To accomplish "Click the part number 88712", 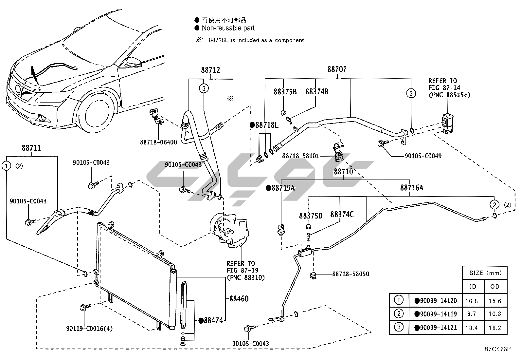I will (210, 70).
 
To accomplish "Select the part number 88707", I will (337, 69).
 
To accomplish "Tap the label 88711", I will (31, 148).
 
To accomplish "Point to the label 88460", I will (239, 299).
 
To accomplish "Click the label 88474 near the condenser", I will (213, 320).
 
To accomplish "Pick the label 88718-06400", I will (158, 142).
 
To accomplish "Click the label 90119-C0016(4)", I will (89, 328).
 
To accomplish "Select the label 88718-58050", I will (350, 274).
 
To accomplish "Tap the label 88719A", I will (282, 188).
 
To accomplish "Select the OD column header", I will (495, 286).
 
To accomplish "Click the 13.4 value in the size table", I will (472, 328).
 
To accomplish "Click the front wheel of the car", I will (98, 113).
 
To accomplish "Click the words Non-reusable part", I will (228, 28).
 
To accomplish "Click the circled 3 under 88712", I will (204, 88).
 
